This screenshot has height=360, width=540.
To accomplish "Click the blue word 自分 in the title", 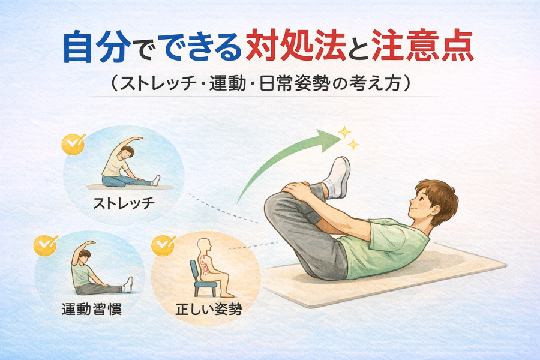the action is pos(97,47).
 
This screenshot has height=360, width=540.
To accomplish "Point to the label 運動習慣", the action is pos(92,308).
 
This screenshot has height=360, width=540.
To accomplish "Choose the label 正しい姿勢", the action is pos(209,309).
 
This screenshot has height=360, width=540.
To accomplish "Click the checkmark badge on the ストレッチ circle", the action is pos(73,143).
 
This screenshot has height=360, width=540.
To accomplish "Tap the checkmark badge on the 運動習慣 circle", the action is pos(45,245).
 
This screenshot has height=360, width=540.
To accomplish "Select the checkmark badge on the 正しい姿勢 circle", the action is pos(163,245).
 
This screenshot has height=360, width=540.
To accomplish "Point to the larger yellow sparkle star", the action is pos(344,131).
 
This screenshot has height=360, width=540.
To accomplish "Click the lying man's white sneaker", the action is pos(337,178).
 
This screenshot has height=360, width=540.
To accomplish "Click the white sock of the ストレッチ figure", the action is pos(156,181).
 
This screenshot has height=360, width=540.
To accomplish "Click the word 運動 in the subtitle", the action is pos(227,84).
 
